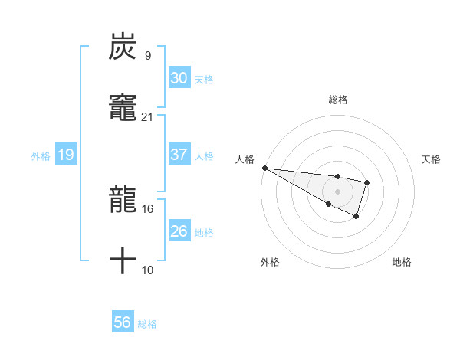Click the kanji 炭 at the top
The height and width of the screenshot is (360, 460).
[x=123, y=47]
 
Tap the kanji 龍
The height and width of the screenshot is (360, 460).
[x=123, y=201]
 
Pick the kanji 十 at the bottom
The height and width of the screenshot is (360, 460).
[x=123, y=260]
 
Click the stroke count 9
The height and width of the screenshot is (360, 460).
[x=147, y=55]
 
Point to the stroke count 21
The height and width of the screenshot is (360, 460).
[x=147, y=116]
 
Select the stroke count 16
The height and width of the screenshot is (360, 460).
[x=147, y=208]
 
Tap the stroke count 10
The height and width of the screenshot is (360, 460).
[x=147, y=270]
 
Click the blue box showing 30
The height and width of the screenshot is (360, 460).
[x=179, y=78]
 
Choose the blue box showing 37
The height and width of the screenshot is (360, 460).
[x=179, y=155]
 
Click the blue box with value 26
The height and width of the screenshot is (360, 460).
[x=179, y=231]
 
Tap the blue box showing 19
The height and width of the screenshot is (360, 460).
[x=66, y=155]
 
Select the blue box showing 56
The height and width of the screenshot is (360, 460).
[x=123, y=323]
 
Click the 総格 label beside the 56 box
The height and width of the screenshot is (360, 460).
[x=147, y=324]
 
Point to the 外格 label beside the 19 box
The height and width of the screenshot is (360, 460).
[x=41, y=156]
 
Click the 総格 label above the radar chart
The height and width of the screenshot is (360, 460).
[x=338, y=100]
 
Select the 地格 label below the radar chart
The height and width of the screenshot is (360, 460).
[x=402, y=262]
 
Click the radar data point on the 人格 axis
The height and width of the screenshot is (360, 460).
[x=264, y=168]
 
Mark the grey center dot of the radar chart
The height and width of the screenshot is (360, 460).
[x=337, y=191]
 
